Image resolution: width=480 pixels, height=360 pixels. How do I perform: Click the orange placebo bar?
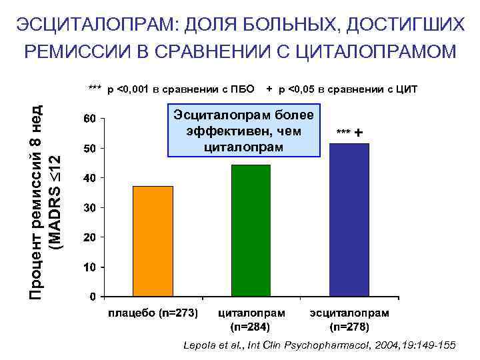[x=153, y=241]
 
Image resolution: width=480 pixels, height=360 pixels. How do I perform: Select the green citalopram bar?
[x=251, y=230]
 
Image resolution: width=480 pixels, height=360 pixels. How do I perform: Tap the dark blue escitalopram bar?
[x=349, y=219]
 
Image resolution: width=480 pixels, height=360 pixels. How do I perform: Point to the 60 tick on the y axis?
[x=89, y=119]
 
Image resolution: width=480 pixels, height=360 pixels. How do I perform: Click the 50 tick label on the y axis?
[x=89, y=148]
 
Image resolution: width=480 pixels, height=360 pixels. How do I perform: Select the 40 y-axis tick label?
[x=89, y=178]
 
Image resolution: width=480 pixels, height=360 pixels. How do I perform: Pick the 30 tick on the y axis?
[x=89, y=208]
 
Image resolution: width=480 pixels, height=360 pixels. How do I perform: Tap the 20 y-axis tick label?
[x=89, y=237]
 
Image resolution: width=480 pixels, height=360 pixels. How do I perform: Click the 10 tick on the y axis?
[x=89, y=267]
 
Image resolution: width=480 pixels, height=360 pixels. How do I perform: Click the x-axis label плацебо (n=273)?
[x=153, y=313]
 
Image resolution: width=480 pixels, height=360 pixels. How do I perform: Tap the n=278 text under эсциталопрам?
[x=349, y=327]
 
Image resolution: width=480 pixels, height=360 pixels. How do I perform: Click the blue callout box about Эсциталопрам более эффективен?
[x=244, y=130]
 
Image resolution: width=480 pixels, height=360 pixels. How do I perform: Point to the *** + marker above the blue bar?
[x=350, y=133]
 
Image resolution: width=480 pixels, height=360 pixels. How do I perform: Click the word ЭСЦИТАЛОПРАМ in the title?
[x=93, y=25]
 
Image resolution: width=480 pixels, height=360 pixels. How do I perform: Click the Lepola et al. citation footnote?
[x=319, y=345]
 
